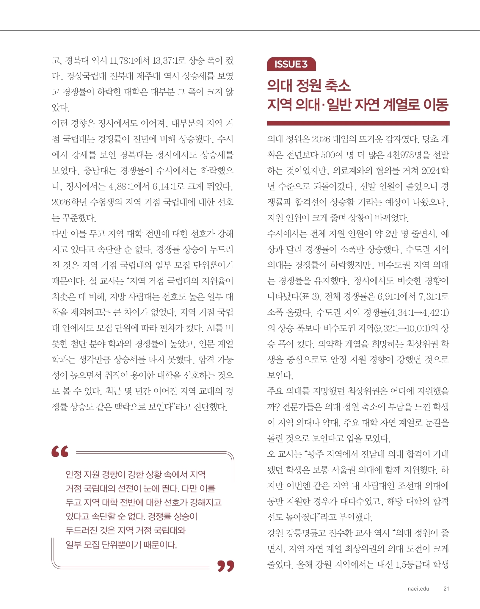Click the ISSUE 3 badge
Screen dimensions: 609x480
pyautogui.click(x=291, y=64)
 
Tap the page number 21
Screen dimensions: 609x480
pyautogui.click(x=446, y=588)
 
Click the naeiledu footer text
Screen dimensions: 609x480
pyautogui.click(x=418, y=588)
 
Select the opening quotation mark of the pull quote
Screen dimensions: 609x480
pyautogui.click(x=60, y=451)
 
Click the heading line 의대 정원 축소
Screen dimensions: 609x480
pyautogui.click(x=309, y=85)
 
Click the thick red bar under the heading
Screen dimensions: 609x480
pyautogui.click(x=358, y=123)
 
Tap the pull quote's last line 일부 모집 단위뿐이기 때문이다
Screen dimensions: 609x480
pyautogui.click(x=121, y=545)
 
